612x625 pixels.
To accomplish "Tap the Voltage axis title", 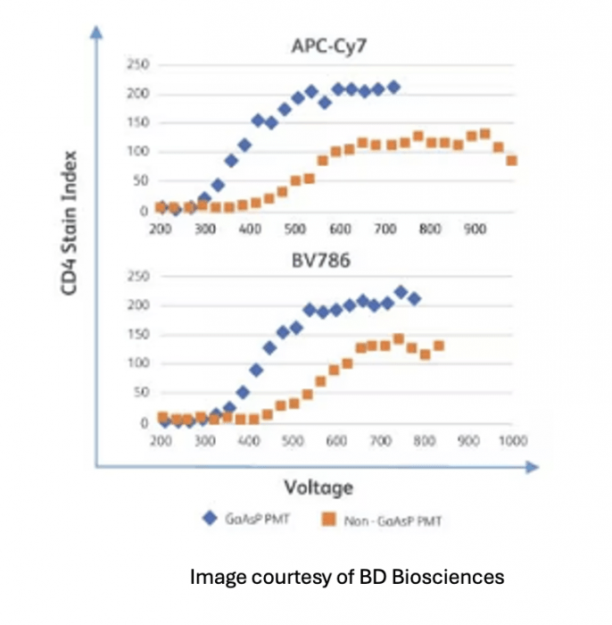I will click(x=318, y=487).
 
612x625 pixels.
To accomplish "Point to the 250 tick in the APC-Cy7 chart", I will click(x=138, y=65).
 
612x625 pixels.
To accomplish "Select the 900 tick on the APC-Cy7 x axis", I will click(x=476, y=229).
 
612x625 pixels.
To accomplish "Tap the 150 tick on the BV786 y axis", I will click(x=138, y=335).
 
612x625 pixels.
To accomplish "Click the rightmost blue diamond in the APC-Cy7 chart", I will click(x=393, y=87).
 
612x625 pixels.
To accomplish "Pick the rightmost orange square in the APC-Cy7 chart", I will click(x=512, y=161).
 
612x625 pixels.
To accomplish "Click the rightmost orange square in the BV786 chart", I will click(x=439, y=346).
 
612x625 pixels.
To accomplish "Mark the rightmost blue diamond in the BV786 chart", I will click(x=414, y=298).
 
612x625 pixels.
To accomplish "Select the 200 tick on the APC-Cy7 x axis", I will click(x=161, y=229).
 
